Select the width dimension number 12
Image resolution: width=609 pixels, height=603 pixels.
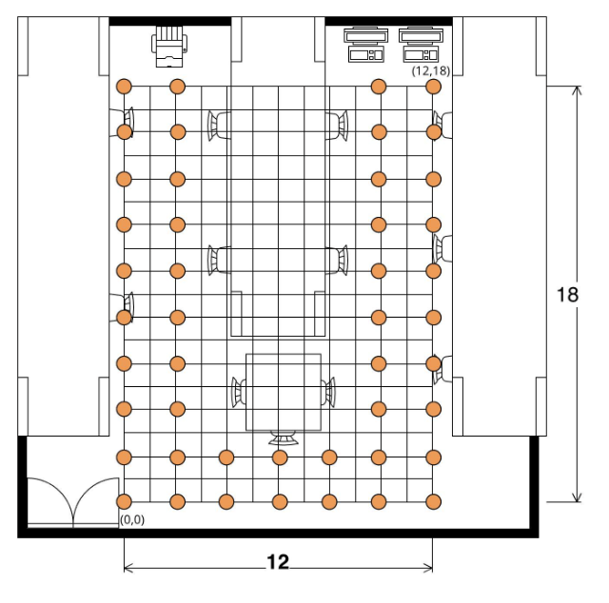(x=278, y=562)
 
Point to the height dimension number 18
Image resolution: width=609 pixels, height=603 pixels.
(x=567, y=295)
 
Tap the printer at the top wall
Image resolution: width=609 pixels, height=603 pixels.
(x=169, y=47)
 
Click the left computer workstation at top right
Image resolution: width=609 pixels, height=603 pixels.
(x=365, y=45)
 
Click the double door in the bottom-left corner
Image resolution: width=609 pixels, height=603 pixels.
(x=73, y=503)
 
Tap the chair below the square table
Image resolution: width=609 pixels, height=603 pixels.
(x=284, y=438)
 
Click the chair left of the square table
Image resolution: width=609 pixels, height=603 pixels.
(x=239, y=392)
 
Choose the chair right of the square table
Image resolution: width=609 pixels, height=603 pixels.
(x=328, y=392)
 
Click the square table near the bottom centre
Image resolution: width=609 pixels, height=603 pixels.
(x=284, y=392)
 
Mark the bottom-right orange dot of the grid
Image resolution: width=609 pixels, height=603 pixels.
(x=433, y=501)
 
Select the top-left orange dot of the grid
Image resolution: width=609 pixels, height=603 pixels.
(x=125, y=87)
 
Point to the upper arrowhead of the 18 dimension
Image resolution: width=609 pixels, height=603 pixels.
(x=578, y=90)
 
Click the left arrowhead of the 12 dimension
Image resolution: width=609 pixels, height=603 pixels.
(x=128, y=568)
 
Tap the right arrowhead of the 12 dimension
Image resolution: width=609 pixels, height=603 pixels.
(x=428, y=568)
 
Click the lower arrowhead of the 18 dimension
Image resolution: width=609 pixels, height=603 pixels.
(x=578, y=497)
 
